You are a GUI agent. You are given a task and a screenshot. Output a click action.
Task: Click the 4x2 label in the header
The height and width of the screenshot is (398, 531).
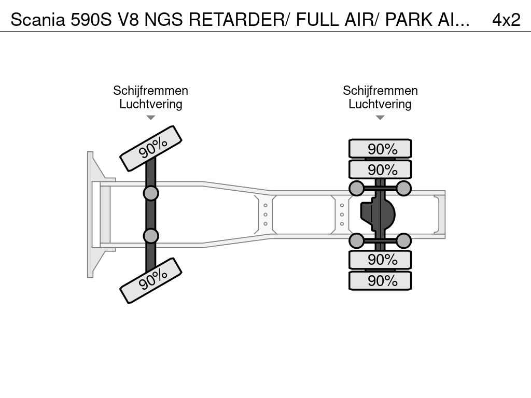point(506,19)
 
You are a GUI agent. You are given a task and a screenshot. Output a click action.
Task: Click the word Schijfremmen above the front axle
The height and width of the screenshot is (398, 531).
point(150,91)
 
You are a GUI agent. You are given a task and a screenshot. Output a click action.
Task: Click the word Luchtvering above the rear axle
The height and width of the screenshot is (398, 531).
point(380,104)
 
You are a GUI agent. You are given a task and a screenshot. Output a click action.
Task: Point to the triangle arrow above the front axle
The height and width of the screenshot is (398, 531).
point(150,118)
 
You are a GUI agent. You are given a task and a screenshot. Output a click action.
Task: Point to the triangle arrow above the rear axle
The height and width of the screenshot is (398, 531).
point(380,118)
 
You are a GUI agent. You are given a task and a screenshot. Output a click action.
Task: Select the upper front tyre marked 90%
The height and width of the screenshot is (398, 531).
point(151,148)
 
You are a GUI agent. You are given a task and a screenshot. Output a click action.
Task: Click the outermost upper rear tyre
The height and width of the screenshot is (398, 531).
point(380,149)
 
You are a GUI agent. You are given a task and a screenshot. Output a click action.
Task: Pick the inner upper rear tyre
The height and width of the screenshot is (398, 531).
point(380,169)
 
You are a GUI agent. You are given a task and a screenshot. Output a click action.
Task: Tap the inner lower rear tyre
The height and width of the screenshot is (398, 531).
point(380,259)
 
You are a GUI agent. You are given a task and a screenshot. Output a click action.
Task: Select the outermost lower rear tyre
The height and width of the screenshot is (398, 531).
point(380,281)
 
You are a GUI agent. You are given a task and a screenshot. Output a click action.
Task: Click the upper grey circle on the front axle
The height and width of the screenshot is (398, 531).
point(150,194)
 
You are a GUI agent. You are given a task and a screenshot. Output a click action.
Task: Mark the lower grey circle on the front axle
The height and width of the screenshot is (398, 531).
point(150,236)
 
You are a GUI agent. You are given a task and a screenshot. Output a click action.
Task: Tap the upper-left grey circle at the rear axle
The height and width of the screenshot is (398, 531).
point(356,188)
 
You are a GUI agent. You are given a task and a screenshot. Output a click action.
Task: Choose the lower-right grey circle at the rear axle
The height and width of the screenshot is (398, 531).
point(403,240)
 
